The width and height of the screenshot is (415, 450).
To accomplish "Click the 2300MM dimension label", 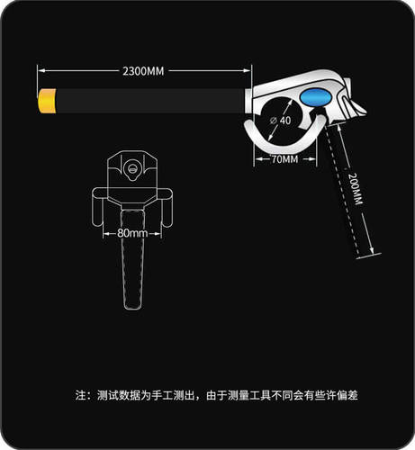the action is coord(143,71).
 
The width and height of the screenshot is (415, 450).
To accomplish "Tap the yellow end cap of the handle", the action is coord(47,101).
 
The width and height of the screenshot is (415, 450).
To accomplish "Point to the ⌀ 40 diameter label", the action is coord(281,121).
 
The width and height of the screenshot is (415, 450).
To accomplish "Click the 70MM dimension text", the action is coord(284,159).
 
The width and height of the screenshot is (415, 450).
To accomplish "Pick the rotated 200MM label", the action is coord(356,189).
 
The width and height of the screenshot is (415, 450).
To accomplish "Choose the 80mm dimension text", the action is coord(132,233).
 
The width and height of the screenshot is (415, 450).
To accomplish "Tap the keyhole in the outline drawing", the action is coord(132,169).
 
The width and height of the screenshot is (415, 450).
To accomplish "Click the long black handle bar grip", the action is coord(150,101).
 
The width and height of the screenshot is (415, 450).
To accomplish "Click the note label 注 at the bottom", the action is coord(81,395).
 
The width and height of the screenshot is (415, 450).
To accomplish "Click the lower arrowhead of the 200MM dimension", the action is coord(372,250).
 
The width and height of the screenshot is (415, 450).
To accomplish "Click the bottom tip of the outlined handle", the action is coord(133,309).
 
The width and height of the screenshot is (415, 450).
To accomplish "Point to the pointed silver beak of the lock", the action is coord(358,109).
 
